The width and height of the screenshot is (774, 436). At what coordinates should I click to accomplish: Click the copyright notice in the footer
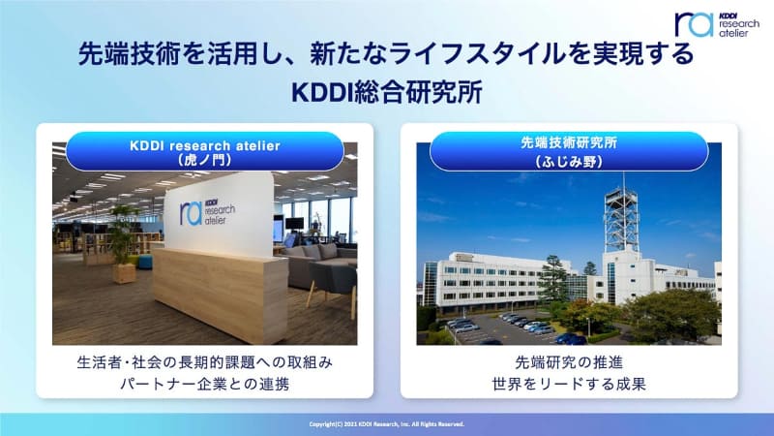click(387, 423)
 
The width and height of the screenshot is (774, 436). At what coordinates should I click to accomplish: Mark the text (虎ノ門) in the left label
click(204, 162)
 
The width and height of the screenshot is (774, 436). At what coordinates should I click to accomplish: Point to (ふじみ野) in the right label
click(569, 162)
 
